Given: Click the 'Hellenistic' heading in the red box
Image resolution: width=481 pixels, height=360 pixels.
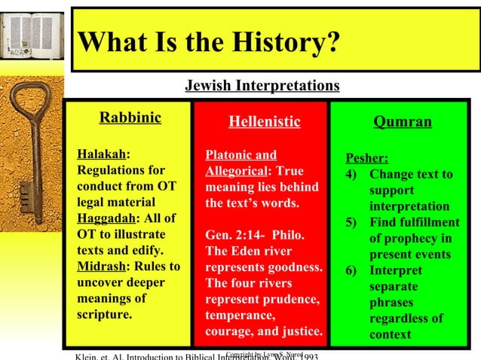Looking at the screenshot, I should pos(264,121).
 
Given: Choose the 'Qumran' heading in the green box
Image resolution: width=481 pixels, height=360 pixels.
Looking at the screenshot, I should pos(403,121).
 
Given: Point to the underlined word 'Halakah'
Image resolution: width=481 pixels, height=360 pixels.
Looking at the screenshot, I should pos(101,155).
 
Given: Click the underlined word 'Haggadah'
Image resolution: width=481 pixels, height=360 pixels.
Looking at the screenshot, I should pos(106,218).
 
